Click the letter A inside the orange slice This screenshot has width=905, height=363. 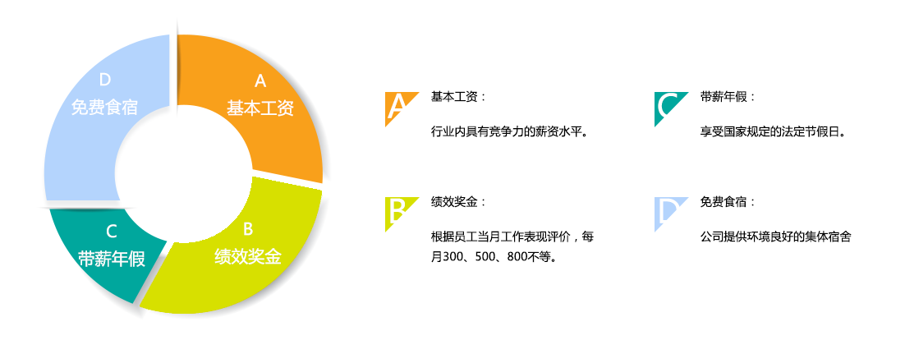click(260, 81)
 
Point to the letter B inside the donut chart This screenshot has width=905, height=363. click(248, 229)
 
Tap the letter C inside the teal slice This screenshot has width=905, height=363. click(112, 232)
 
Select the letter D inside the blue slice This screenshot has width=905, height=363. click(104, 80)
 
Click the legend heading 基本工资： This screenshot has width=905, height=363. click(458, 97)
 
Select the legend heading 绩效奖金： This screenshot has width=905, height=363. click(458, 203)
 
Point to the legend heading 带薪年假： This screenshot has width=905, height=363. click(728, 97)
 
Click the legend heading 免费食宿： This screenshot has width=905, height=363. click(728, 203)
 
